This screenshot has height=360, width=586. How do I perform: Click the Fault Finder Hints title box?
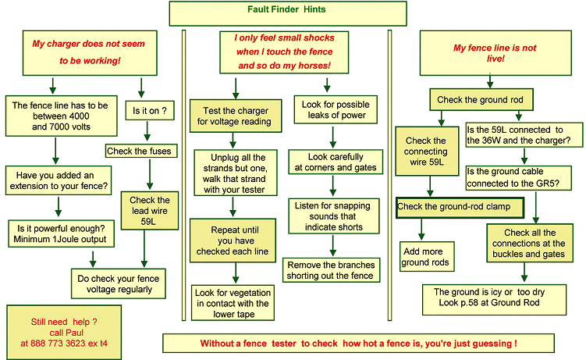point(288,13)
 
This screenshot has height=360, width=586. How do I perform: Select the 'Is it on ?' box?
point(150,111)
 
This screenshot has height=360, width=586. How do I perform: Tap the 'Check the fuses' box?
point(141,151)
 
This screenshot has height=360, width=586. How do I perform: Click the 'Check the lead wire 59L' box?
point(150,211)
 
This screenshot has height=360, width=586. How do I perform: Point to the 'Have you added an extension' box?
point(59,180)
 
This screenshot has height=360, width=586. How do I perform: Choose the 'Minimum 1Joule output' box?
point(62,233)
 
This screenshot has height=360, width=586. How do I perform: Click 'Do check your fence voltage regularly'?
point(119,283)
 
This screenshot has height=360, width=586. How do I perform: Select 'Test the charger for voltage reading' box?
point(236,116)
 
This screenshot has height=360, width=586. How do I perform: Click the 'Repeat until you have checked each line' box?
point(233,241)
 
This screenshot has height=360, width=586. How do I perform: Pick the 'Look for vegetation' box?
point(233,303)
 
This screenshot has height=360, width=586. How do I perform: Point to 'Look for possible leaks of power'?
point(336,110)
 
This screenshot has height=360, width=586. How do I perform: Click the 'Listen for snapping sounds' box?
point(334,216)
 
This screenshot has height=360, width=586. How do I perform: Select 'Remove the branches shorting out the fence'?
point(331,270)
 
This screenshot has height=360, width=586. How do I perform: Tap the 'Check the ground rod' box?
point(481,99)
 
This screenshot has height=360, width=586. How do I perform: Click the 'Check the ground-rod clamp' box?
point(460,208)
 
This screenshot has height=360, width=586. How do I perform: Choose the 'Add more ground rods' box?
point(427,256)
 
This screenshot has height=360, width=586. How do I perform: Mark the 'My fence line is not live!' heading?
point(495,53)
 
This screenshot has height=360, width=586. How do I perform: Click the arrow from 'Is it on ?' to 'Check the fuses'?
point(147,131)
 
